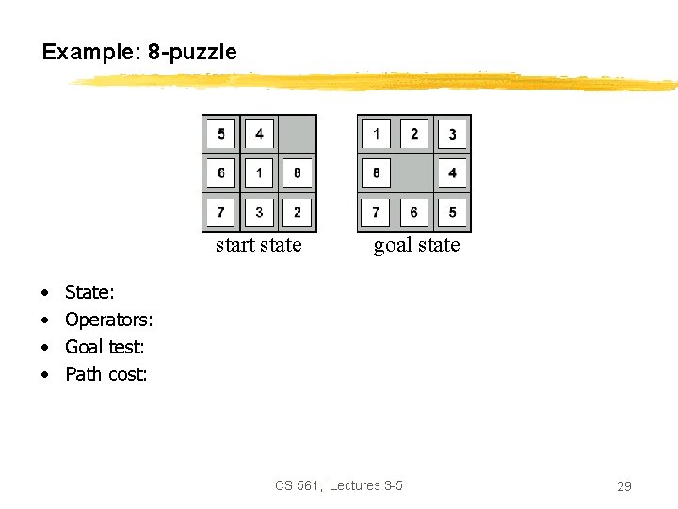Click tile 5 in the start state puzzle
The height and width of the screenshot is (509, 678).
[221, 134]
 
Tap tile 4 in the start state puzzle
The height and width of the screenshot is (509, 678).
[259, 134]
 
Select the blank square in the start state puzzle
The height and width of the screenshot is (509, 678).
[297, 134]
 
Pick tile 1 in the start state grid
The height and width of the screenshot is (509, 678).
[259, 172]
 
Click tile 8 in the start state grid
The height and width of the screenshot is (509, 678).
[297, 172]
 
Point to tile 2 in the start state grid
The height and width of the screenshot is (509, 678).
[297, 211]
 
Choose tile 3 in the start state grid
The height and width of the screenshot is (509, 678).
[259, 211]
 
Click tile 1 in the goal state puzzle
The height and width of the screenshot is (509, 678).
[376, 134]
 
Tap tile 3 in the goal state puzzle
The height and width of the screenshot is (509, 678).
[452, 134]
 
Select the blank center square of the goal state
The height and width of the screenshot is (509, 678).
[414, 172]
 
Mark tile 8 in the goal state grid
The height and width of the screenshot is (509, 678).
[376, 172]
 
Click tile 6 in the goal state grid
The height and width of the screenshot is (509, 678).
[414, 211]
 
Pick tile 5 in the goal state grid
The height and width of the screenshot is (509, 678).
[452, 211]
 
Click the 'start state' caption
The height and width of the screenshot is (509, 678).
[258, 245]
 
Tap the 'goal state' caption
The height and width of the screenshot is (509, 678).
[416, 245]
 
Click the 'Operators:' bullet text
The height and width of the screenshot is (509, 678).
[108, 320]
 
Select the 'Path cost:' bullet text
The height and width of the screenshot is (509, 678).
[105, 374]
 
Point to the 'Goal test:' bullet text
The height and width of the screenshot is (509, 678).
[104, 347]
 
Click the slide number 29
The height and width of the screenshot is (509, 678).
[623, 486]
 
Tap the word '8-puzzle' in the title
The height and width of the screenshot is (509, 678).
[192, 52]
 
